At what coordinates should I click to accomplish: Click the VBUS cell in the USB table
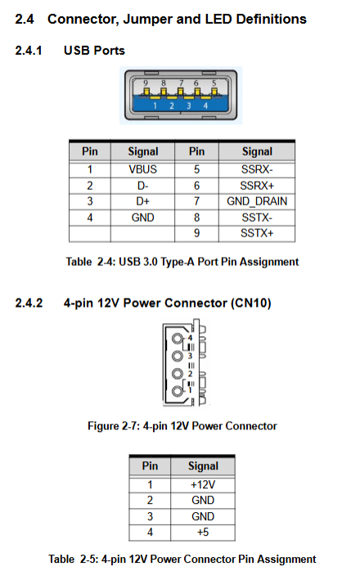click(143, 169)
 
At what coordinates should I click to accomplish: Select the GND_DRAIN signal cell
click(257, 201)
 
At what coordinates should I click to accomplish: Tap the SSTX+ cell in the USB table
click(257, 233)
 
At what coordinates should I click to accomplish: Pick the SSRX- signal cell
click(257, 169)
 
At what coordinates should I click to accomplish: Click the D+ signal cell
click(143, 201)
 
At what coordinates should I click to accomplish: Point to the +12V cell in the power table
click(203, 484)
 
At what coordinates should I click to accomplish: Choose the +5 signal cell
click(203, 533)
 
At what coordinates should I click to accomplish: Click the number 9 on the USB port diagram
click(146, 83)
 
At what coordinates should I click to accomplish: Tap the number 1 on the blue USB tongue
click(155, 106)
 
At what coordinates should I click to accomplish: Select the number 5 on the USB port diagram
click(214, 83)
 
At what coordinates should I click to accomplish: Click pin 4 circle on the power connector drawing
click(178, 339)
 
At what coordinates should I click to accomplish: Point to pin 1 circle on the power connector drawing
click(178, 391)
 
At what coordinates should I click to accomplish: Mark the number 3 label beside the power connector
click(190, 356)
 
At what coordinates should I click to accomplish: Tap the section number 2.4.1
click(29, 50)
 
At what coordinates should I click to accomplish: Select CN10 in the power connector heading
click(251, 303)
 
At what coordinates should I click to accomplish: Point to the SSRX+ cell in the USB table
click(257, 186)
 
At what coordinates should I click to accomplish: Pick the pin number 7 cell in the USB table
click(197, 201)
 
